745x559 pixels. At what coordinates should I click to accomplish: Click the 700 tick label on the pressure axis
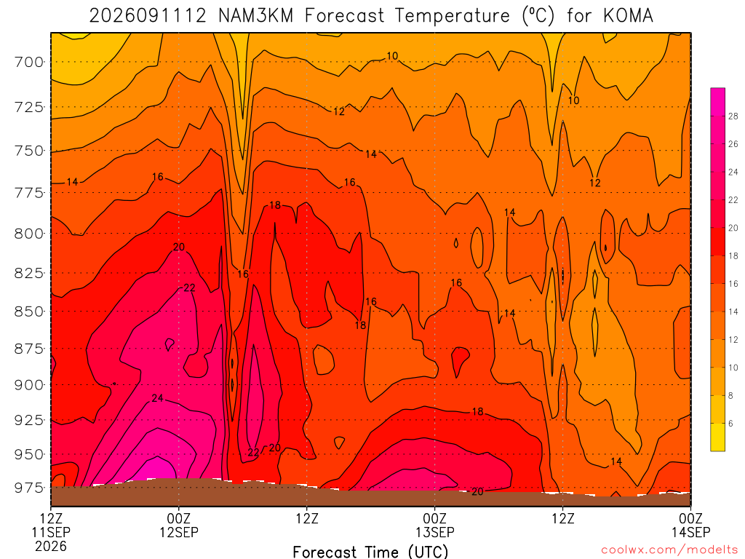(29, 62)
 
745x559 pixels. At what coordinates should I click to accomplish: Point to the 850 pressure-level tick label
(29, 312)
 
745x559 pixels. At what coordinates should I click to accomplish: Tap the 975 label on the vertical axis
(29, 488)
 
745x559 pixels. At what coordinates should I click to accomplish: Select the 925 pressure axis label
(29, 420)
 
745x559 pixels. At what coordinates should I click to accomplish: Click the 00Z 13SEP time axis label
(435, 525)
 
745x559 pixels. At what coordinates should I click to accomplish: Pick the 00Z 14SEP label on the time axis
(690, 525)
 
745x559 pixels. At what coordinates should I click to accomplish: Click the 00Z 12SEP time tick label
(179, 525)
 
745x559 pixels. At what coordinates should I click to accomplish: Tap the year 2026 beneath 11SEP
(51, 546)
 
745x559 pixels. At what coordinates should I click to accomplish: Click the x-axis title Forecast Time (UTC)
(370, 552)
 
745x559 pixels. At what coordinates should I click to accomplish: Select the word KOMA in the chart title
(628, 16)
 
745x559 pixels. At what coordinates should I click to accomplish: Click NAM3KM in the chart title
(255, 16)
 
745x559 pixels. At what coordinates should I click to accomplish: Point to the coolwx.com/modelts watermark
(669, 550)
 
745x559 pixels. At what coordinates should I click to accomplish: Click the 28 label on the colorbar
(733, 116)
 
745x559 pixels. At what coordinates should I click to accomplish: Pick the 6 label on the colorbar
(730, 424)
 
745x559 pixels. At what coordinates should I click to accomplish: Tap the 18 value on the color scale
(733, 255)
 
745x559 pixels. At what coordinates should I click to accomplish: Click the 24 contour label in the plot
(157, 398)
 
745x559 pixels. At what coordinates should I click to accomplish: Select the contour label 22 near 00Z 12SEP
(189, 288)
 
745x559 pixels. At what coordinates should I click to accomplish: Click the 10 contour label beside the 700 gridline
(392, 55)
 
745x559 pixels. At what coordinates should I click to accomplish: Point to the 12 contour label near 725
(339, 111)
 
